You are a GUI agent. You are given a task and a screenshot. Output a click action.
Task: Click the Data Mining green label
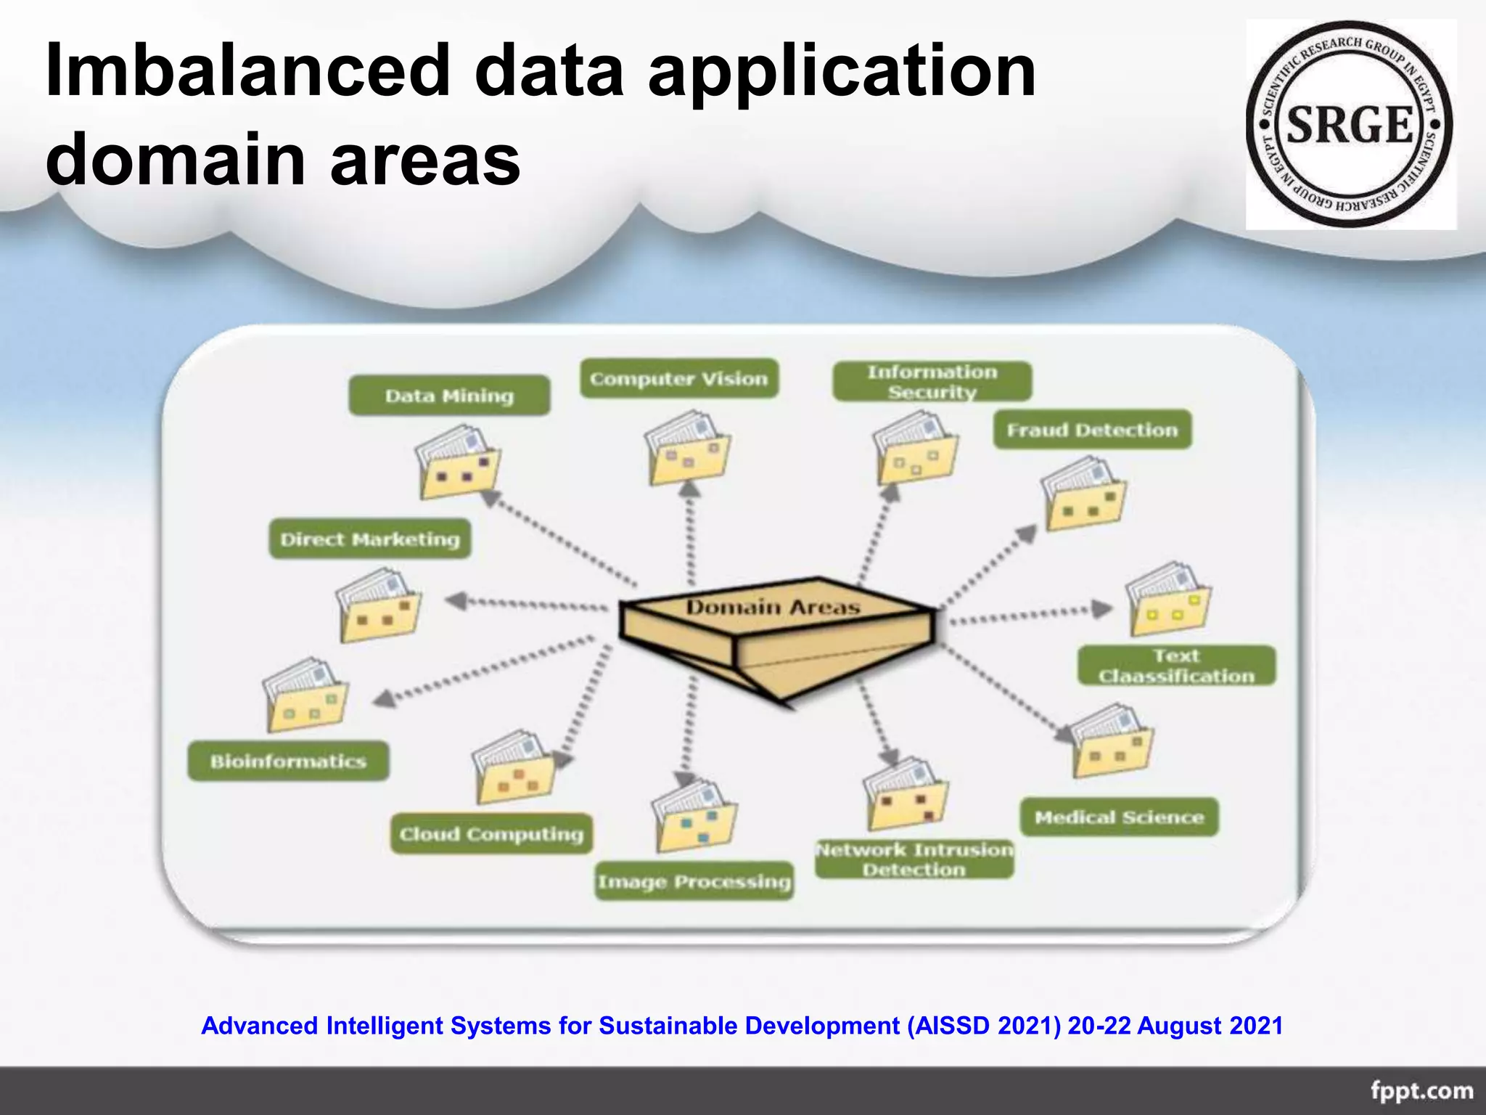[449, 396]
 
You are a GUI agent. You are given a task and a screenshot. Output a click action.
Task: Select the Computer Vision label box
[678, 378]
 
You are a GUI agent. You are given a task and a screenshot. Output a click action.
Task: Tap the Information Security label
[932, 382]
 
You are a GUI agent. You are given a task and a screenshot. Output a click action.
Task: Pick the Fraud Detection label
[1092, 430]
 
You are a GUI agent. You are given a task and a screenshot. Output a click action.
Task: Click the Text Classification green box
[1176, 666]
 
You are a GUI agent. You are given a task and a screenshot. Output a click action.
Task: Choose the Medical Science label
[1119, 817]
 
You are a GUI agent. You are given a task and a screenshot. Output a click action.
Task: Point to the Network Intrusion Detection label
[914, 859]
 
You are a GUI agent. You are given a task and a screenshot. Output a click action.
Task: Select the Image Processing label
[694, 881]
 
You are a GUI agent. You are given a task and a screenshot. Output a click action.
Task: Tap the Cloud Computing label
[491, 833]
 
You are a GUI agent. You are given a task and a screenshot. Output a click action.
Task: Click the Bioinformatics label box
[288, 761]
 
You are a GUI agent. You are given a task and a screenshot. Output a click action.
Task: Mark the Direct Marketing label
[370, 539]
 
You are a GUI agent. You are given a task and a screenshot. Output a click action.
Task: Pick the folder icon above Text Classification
[1168, 600]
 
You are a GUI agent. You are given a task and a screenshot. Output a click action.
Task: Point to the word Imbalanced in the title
[247, 70]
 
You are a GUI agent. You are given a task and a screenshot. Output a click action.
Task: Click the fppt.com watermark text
[1421, 1091]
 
